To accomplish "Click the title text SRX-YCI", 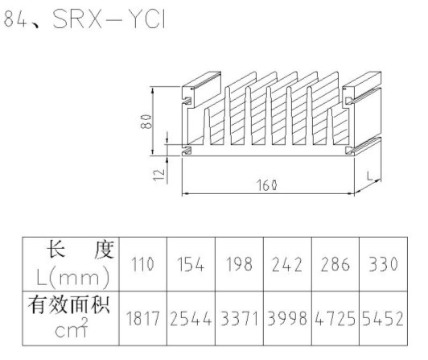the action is coord(109,19).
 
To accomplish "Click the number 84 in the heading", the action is coord(15,19).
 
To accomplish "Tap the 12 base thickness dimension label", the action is coord(159,175).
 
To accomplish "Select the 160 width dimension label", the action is coord(267,185).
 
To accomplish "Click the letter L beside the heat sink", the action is coord(369,176).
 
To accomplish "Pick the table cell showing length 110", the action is coord(142,264).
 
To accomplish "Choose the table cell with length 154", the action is coord(191,264).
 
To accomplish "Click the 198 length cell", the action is coord(239,264).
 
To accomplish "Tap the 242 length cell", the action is coord(287,264).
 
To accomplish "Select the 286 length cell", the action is coord(335,264).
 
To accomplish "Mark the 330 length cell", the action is coord(383,264).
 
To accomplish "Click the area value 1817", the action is coord(142,318).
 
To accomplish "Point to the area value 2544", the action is coord(191,318).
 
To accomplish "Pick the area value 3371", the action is coord(239,318).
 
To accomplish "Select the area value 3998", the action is coord(287,318).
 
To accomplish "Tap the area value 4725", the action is coord(335,318).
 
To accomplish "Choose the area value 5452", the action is coord(383,318).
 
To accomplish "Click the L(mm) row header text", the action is coord(73,277).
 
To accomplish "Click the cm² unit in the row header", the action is coord(72,328).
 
